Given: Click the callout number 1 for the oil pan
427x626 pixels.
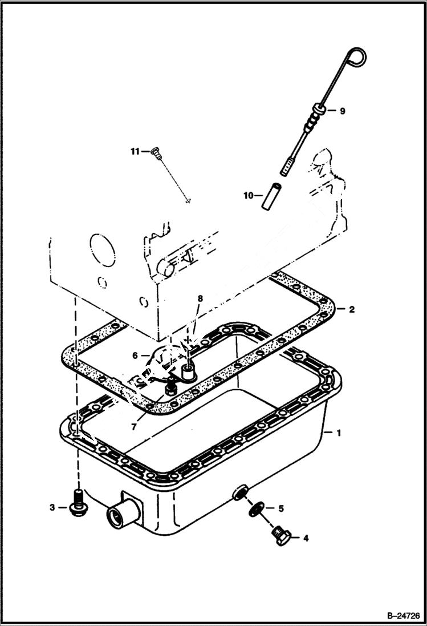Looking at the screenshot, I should (x=339, y=433).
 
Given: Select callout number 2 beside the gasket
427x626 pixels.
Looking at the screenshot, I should (x=352, y=309).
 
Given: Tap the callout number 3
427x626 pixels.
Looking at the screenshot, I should (x=52, y=507).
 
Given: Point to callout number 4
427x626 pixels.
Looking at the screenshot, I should (x=306, y=538).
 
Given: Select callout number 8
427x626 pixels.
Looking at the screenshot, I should (x=200, y=298).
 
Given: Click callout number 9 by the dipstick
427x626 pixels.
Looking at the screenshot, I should (x=342, y=111).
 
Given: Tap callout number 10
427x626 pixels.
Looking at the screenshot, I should (x=249, y=196).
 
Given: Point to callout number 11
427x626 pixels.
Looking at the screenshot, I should (x=135, y=151).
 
